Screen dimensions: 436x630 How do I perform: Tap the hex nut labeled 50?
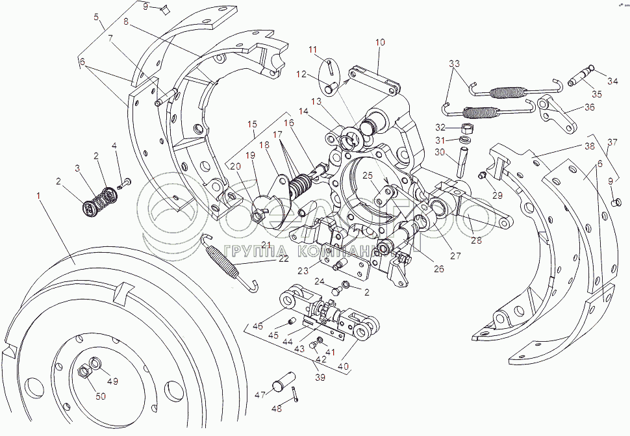[84, 372]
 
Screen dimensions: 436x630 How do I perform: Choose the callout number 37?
[612, 142]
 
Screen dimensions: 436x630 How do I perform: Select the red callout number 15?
[252, 123]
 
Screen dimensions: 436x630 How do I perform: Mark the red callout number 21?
[266, 244]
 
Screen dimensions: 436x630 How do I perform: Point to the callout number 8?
[126, 21]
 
